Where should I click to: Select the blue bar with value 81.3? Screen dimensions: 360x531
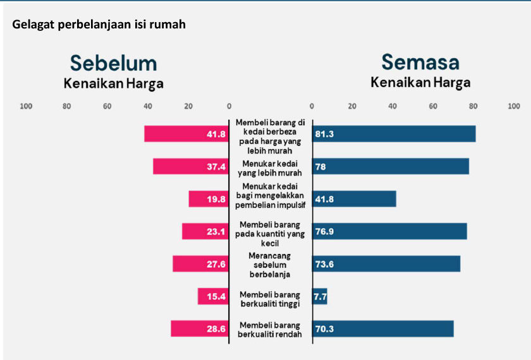pos(394,134)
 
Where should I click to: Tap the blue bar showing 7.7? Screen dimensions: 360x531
pos(320,296)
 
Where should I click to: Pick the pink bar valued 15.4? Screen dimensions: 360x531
pos(212,296)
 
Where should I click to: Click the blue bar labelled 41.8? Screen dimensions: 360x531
pos(354,199)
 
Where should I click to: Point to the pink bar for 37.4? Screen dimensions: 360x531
pos(190,166)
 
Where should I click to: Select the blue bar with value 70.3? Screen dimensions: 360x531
pos(383,329)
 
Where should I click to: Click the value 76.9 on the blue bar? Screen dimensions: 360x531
pos(324,232)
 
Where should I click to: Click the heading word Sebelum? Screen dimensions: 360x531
pos(113,63)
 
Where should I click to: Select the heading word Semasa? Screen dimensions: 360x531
pos(420,62)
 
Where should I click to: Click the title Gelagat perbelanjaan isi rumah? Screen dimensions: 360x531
pos(99,25)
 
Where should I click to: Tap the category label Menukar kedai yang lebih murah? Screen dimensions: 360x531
pos(270,168)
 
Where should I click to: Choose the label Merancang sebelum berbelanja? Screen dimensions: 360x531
pos(270,265)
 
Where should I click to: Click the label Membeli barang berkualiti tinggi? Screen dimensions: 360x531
pos(270,299)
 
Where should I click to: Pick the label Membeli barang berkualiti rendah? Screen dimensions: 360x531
pos(270,329)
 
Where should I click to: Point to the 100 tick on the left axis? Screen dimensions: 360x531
pos(26,106)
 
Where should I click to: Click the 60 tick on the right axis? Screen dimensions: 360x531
pos(433,106)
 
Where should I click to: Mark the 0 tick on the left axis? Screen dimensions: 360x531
pos(229,106)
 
